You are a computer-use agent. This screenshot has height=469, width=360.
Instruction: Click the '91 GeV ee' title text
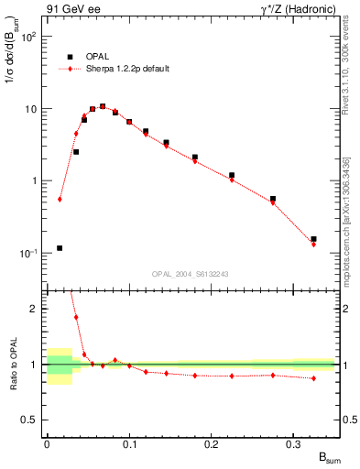pos(72,10)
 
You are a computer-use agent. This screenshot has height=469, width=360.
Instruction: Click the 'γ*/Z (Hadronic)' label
pos(296,10)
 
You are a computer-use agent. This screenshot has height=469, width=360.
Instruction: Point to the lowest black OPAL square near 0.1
pos(60,247)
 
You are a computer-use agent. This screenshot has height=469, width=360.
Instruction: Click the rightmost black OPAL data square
pos(313,239)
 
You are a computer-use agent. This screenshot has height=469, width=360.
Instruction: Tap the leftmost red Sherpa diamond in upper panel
pos(60,199)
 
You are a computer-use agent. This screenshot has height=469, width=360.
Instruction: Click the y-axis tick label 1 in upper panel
pos(36,180)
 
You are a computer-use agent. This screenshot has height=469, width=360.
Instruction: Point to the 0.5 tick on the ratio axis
pos(33,420)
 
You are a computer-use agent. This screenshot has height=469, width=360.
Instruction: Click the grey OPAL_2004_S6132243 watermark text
pos(190,274)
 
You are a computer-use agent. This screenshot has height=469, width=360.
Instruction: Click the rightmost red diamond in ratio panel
pos(313,378)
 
